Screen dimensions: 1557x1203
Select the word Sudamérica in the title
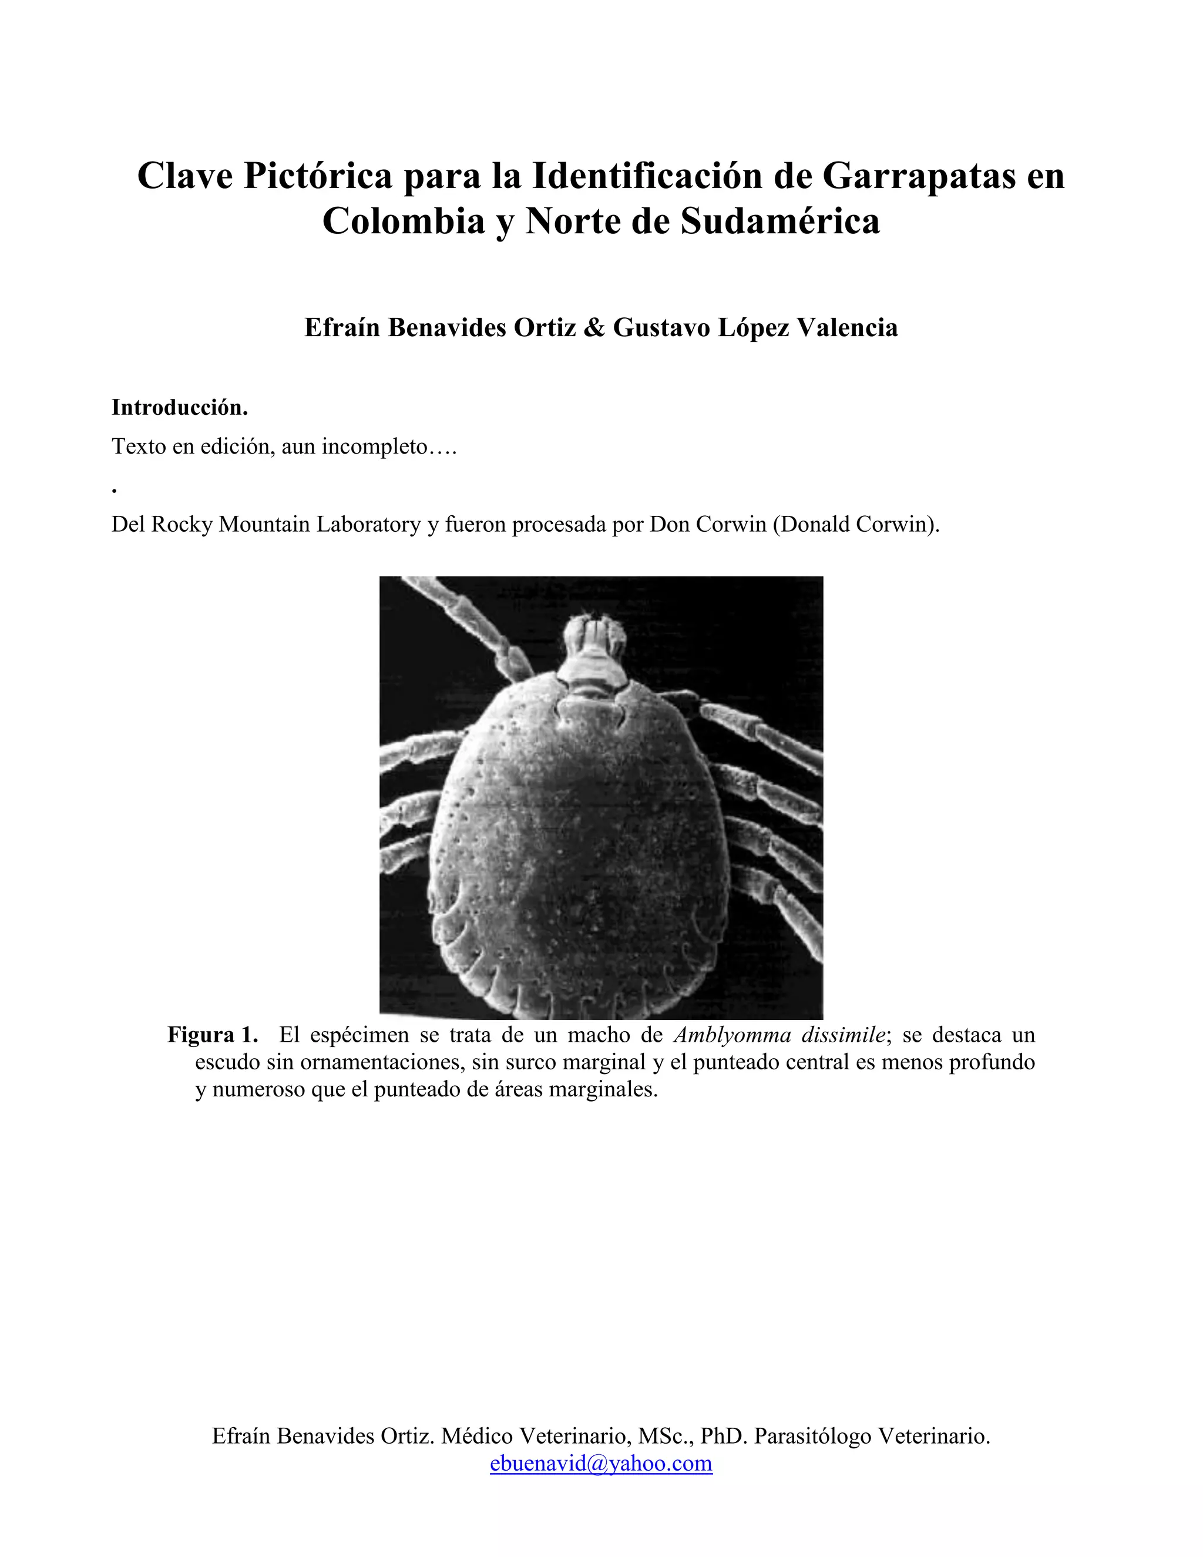click(781, 221)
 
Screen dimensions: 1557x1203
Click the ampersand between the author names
click(594, 328)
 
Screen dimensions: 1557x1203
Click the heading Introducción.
click(180, 408)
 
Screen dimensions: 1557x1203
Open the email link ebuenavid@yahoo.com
click(601, 1464)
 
